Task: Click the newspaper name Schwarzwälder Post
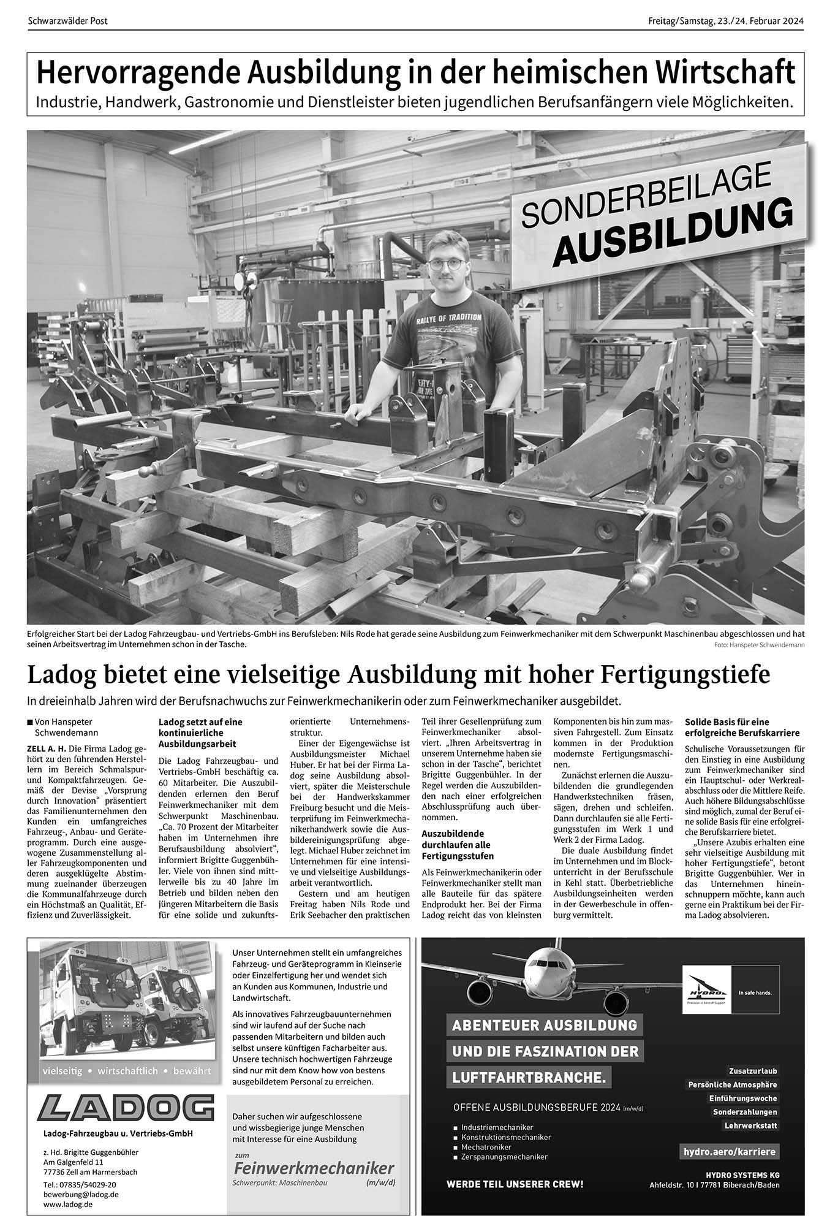coord(67,21)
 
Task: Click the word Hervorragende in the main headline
coord(138,73)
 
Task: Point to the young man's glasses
coord(445,265)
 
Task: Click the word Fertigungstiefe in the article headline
coord(684,675)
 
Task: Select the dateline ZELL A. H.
coord(47,749)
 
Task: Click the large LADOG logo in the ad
coord(125,1108)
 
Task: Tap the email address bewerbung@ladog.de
coord(81,1195)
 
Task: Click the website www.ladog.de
coord(68,1205)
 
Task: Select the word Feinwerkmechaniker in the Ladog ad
coord(314,1167)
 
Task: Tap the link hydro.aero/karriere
coord(729,1152)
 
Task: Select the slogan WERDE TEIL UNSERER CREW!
coord(515,1184)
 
